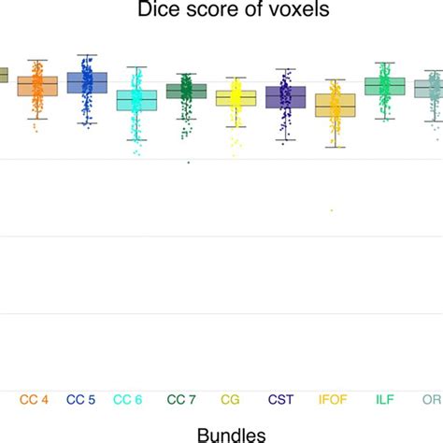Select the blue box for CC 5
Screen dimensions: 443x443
[x=87, y=83]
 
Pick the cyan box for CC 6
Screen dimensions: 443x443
[x=136, y=100]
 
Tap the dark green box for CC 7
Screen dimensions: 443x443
[x=186, y=91]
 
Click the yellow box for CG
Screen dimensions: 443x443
[x=236, y=97]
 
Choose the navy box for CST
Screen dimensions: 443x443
[x=285, y=96]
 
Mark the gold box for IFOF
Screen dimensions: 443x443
[x=335, y=106]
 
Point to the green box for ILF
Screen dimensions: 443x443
[x=384, y=86]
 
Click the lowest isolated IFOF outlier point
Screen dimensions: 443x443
[x=332, y=210]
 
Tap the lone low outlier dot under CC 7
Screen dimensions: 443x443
[x=188, y=163]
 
